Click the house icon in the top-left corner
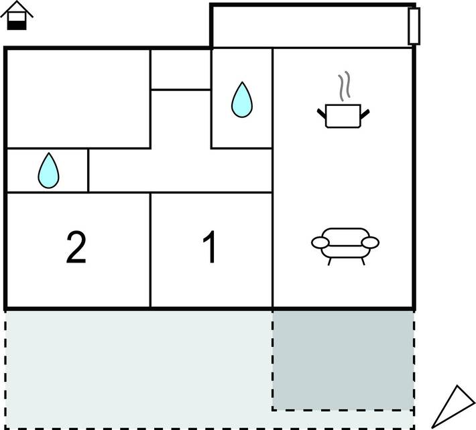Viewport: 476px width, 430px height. tap(17, 16)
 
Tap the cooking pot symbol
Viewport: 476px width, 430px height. tap(343, 115)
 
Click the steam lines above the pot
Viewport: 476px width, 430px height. tap(344, 87)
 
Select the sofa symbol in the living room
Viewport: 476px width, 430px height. tap(345, 244)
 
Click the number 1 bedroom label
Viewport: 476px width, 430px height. tap(210, 248)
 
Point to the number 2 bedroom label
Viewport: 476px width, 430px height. tap(76, 248)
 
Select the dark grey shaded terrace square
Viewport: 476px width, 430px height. tap(343, 359)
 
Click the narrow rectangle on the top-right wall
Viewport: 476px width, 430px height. tap(414, 26)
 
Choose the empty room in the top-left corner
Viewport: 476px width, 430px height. tap(78, 98)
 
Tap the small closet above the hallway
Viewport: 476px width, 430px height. tap(180, 69)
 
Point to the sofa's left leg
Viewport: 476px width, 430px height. tap(329, 261)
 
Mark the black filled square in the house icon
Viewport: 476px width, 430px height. tap(17, 24)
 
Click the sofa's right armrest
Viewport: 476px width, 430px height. tap(371, 242)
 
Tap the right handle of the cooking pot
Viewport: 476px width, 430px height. tap(365, 111)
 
